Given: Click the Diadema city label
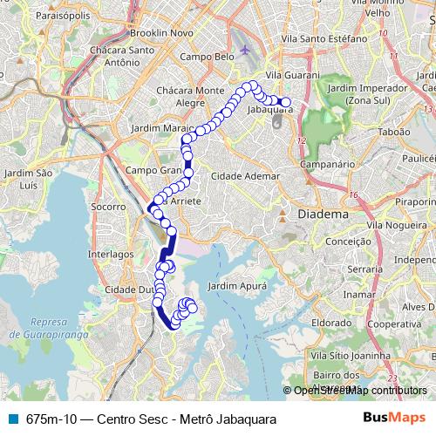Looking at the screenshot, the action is [323, 214].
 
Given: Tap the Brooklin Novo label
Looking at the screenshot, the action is [160, 32].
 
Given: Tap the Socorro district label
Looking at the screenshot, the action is [109, 208].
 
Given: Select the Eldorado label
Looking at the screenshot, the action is [331, 322].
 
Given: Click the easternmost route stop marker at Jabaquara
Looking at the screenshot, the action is [286, 103].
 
